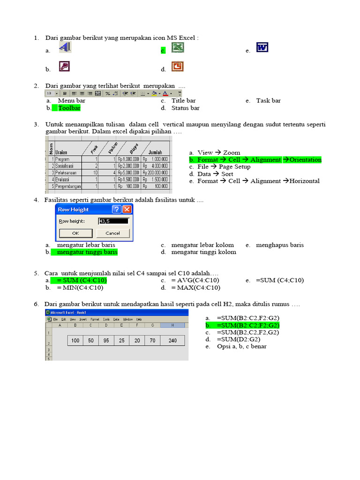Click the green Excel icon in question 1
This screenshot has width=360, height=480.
pos(178,47)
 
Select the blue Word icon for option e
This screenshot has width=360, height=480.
pos(262,48)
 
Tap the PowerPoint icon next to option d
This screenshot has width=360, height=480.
pos(177,67)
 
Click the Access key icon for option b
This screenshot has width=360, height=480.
pos(64,66)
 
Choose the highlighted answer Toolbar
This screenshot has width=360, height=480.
pos(69,108)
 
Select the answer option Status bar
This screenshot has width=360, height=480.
pos(185,108)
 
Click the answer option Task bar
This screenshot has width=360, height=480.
pos(268,101)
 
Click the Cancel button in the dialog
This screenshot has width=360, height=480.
pos(112,233)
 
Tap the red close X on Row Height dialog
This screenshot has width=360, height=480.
pos(127,210)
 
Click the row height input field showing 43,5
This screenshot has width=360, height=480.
pos(113,221)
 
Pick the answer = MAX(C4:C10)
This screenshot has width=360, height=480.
pos(195,288)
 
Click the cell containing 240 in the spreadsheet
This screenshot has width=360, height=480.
pos(172,341)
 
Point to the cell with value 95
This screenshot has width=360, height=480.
pos(106,341)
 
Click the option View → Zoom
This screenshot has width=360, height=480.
pos(218,153)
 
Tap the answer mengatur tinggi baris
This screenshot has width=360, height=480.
pos(87,252)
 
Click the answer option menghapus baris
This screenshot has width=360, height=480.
pos(279,245)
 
